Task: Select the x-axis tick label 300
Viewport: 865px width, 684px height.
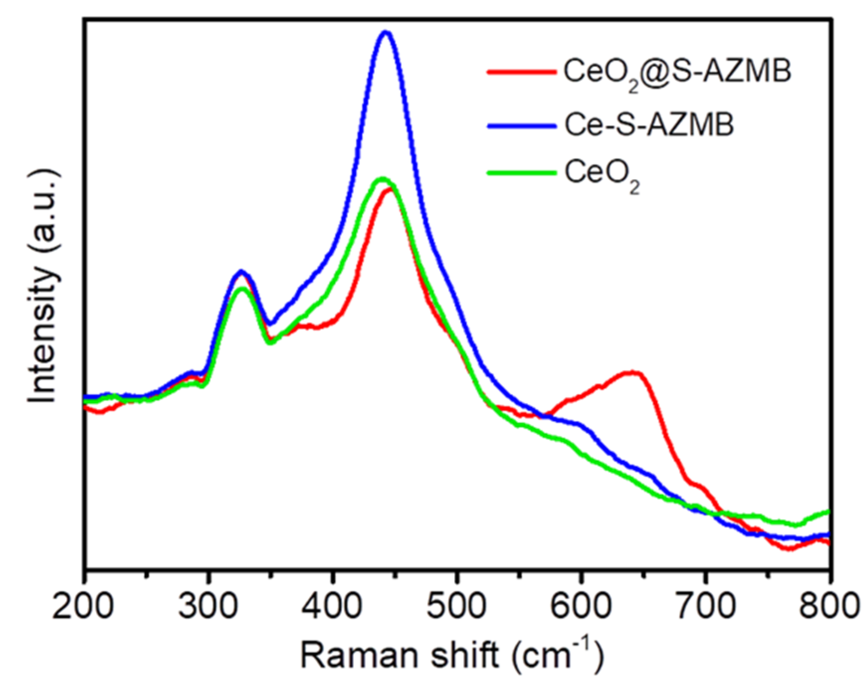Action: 208,606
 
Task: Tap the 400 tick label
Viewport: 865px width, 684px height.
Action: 332,606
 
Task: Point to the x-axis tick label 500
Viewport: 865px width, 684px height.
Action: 456,606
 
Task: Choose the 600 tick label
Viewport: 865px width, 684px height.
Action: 580,606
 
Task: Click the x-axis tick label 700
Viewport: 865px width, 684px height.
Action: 704,606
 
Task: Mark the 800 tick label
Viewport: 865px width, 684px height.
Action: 828,606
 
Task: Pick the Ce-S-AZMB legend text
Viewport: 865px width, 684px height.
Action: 649,124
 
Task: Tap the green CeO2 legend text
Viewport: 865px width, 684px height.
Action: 601,174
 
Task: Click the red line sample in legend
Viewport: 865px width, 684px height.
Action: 521,72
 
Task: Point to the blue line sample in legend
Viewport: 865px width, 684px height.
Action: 521,126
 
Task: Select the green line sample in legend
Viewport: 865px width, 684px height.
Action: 521,173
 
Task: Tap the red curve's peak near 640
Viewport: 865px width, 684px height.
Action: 632,371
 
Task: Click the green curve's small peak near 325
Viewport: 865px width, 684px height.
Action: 242,288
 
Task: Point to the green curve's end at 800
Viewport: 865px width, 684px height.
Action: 828,512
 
